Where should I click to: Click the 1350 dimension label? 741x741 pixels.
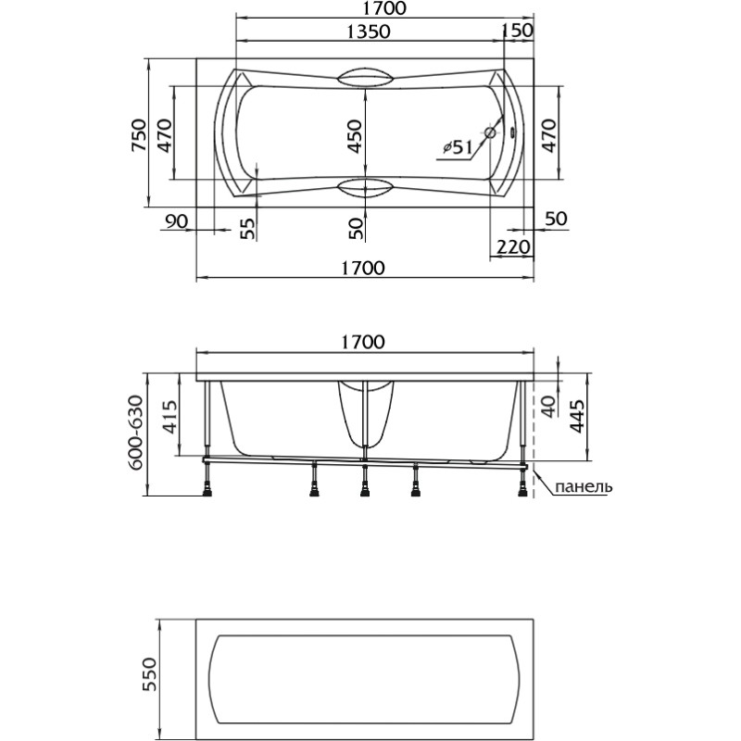[x=369, y=31]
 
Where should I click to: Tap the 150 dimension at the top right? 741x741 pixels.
[x=517, y=31]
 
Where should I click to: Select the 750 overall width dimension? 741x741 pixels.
[x=140, y=135]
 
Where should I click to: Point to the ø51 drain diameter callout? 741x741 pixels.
[x=458, y=148]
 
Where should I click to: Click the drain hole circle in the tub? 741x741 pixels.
[x=491, y=132]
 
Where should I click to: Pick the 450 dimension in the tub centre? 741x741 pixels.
[x=355, y=136]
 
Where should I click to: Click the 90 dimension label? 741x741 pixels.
[x=177, y=220]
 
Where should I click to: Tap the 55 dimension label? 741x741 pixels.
[x=247, y=228]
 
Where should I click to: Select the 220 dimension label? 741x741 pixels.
[x=513, y=246]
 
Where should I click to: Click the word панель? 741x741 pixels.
[x=584, y=485]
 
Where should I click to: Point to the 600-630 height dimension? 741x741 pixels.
[x=136, y=433]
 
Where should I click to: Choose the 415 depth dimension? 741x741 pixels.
[x=170, y=416]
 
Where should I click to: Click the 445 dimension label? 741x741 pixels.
[x=577, y=416]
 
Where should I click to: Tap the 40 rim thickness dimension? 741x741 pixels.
[x=548, y=407]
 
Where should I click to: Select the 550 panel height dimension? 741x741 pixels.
[x=149, y=675]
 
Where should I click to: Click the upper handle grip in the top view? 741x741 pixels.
[x=365, y=78]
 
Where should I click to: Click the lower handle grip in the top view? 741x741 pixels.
[x=365, y=188]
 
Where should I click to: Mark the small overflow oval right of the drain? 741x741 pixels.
[x=516, y=132]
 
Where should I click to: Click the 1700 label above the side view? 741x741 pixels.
[x=363, y=342]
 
